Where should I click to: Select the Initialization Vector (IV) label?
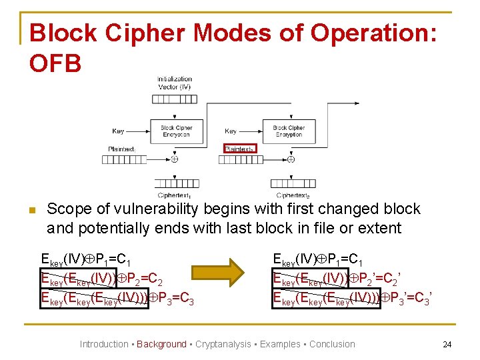(x=174, y=83)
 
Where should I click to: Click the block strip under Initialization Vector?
(x=174, y=99)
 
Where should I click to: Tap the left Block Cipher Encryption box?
(x=176, y=131)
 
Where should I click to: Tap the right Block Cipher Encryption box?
(x=289, y=131)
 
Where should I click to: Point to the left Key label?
(x=118, y=131)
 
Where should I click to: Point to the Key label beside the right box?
(x=231, y=131)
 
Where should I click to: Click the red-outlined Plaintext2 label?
(x=239, y=149)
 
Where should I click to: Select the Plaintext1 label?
(x=123, y=149)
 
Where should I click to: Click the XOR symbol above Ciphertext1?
(x=175, y=159)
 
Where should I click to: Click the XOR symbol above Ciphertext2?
(x=291, y=159)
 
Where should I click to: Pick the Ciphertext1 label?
(x=174, y=195)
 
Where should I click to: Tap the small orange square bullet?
(x=31, y=211)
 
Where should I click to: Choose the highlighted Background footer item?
(x=161, y=344)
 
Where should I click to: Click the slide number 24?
(x=447, y=345)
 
